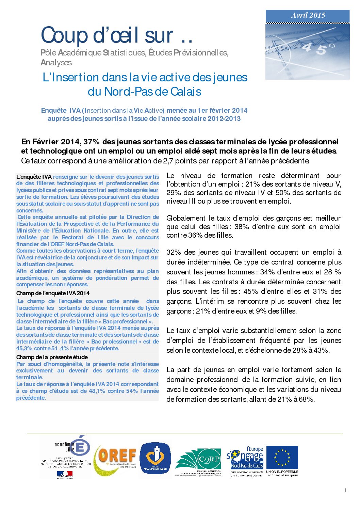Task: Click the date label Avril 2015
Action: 308,15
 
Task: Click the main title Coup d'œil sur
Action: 117,35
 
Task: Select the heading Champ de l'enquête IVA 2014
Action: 53,293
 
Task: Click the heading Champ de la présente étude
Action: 52,357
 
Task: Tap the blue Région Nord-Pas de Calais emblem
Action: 156,458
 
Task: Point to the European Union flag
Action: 282,458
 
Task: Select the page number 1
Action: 346,490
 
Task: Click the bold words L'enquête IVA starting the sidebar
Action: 34,177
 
